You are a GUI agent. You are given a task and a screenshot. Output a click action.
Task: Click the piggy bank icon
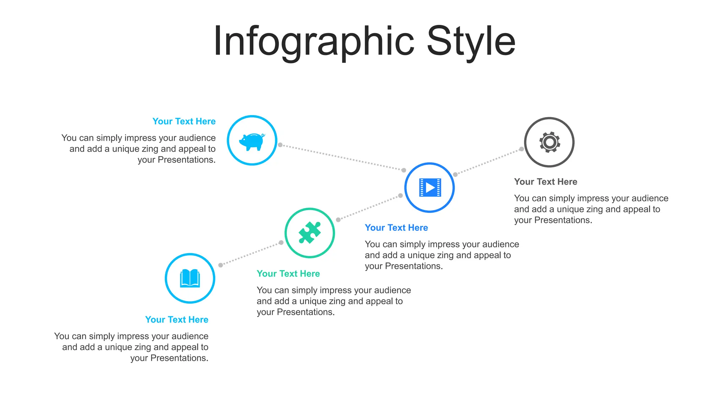tap(252, 141)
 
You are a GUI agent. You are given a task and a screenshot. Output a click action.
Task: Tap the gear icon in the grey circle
tap(550, 142)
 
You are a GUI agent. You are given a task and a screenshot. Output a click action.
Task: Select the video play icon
tap(430, 187)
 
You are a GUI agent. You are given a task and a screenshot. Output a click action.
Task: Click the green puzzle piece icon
tap(310, 233)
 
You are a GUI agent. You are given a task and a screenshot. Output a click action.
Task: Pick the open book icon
tap(190, 278)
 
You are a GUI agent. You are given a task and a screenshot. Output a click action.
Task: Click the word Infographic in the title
tap(313, 42)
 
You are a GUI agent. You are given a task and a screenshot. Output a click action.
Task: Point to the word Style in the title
tap(471, 42)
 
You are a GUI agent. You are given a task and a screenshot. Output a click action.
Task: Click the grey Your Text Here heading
tap(546, 182)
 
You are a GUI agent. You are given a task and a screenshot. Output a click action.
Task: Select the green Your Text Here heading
tap(288, 274)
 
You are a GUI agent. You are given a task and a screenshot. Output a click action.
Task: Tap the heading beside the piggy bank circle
tap(184, 121)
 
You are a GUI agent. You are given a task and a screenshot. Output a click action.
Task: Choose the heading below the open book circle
tap(177, 320)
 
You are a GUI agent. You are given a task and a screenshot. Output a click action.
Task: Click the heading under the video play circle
tap(397, 228)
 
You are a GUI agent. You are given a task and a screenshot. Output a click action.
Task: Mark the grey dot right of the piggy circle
tap(280, 145)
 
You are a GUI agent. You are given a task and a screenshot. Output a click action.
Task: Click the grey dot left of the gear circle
tap(521, 149)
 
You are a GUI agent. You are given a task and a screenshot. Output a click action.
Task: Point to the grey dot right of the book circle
tap(220, 265)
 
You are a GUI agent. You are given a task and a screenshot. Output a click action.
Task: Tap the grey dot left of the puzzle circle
tap(281, 242)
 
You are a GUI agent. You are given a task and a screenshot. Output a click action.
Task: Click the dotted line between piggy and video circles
tap(342, 158)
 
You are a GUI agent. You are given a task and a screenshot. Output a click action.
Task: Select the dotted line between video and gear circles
tap(488, 162)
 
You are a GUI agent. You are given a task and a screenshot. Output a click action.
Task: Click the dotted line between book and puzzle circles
tap(251, 254)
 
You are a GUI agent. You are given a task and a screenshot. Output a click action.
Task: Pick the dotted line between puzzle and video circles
tap(369, 208)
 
